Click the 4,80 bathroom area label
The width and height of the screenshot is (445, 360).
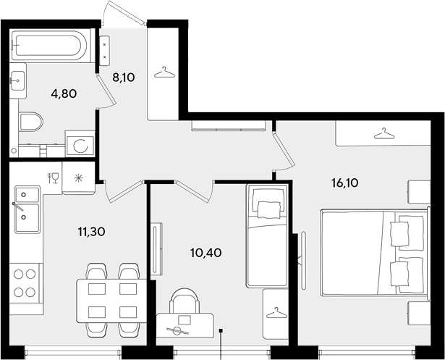[64, 93]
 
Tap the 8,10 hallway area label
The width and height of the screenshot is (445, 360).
[124, 77]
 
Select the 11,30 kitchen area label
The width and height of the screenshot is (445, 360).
[92, 232]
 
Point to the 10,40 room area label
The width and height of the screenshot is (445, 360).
[206, 252]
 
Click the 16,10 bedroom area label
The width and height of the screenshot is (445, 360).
[345, 183]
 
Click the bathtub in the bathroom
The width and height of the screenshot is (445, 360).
[50, 45]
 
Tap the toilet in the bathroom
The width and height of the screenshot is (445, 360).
[30, 122]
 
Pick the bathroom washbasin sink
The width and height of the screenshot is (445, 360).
[17, 80]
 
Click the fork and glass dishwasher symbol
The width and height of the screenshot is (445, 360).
[53, 178]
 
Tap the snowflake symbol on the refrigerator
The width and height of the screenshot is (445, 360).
[78, 178]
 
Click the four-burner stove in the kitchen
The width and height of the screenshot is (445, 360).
[25, 283]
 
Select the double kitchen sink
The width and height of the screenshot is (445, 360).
[27, 209]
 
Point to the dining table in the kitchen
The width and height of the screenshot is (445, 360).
[111, 301]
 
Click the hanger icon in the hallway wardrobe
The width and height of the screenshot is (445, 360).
[164, 72]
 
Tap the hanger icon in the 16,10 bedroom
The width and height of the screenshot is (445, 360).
[384, 133]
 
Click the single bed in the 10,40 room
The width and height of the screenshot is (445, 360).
[266, 235]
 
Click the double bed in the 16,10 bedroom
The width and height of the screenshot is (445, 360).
[374, 252]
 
